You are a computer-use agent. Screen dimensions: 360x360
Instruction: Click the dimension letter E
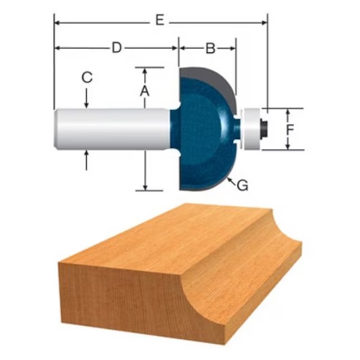pos(160,20)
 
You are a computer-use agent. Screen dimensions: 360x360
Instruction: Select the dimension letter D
pos(116,48)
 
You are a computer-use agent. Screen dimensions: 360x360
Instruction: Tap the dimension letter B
pos(210,48)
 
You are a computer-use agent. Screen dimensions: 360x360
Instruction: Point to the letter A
pos(145,91)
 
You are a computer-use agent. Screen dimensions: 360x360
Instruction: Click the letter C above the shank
pos(87,77)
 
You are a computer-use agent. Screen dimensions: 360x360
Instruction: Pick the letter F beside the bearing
pos(290,129)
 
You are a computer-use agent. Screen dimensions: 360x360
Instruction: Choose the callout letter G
pos(242,185)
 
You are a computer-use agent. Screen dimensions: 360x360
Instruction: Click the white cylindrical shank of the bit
pos(113,129)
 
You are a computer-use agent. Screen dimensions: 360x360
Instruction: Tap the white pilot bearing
pos(252,129)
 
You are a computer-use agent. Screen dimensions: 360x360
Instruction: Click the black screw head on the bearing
pos(264,129)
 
